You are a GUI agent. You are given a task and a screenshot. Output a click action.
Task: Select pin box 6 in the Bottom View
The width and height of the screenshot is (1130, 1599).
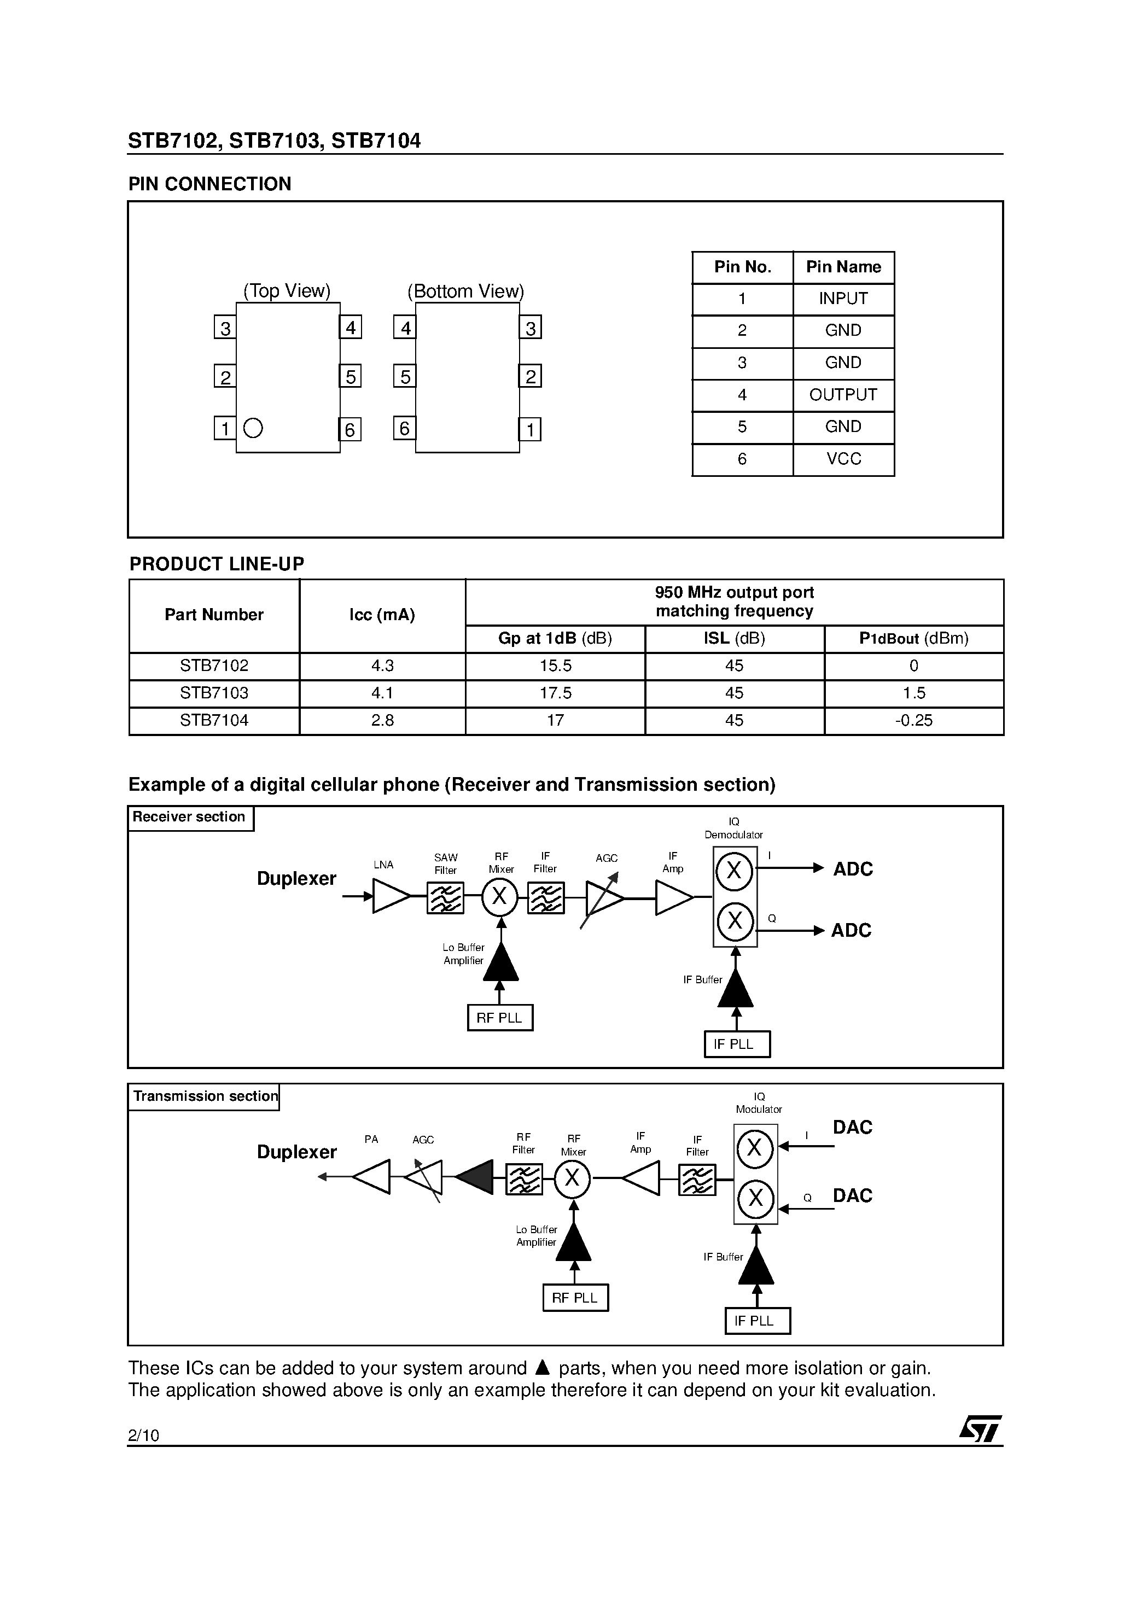click(x=405, y=428)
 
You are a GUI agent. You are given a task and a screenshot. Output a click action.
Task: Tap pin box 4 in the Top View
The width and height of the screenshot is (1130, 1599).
click(x=351, y=328)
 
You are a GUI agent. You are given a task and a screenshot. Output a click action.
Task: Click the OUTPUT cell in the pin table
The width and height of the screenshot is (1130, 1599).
click(x=843, y=395)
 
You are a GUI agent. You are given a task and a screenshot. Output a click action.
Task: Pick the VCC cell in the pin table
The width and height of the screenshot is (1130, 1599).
click(x=843, y=459)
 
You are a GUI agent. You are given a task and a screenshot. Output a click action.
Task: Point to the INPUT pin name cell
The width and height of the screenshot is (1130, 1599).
click(x=843, y=299)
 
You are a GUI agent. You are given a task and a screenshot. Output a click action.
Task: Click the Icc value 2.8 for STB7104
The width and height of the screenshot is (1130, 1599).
click(x=382, y=721)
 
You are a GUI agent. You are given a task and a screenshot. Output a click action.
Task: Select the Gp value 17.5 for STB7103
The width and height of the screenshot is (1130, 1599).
click(x=555, y=693)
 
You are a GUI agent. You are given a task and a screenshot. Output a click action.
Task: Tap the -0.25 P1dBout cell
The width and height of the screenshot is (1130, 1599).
click(x=913, y=721)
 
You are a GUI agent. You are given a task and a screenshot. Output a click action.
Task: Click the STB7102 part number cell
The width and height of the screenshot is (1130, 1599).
click(x=214, y=666)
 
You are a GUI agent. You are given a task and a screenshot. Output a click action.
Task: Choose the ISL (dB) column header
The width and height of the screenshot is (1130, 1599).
click(x=735, y=639)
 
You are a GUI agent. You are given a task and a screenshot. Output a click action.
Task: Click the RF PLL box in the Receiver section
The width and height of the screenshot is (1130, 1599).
click(x=499, y=1018)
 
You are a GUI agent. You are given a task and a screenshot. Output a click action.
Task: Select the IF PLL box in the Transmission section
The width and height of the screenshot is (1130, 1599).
click(x=758, y=1321)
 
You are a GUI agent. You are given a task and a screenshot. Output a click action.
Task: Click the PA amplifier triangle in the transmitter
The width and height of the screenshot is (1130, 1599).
click(x=372, y=1177)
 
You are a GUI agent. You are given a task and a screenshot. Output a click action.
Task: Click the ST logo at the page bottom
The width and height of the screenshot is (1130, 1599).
click(x=980, y=1430)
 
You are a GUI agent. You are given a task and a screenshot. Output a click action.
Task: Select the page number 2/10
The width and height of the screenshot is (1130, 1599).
click(x=143, y=1435)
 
